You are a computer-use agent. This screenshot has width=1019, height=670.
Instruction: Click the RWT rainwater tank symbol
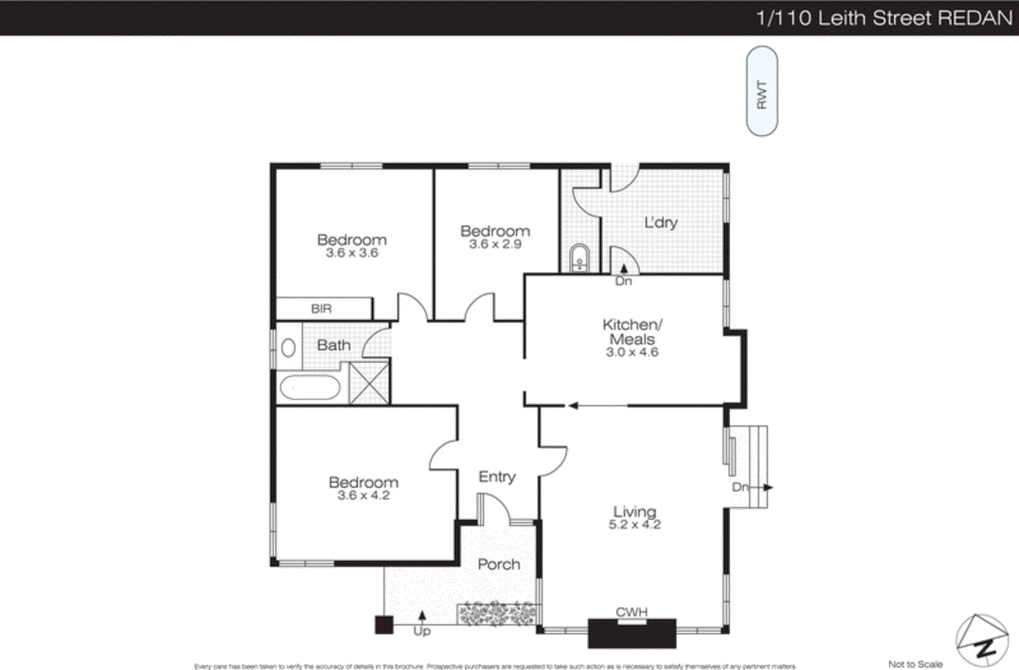(x=762, y=91)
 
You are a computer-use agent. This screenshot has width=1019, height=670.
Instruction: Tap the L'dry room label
(x=660, y=222)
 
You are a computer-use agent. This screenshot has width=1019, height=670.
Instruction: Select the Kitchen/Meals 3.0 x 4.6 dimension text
(x=632, y=352)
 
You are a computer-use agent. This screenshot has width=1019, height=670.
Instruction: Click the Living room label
(x=634, y=511)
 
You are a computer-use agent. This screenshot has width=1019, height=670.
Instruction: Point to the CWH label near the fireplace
(x=631, y=612)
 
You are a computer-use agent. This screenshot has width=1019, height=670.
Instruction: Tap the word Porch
(x=499, y=564)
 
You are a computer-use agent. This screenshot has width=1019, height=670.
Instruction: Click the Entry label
(x=497, y=476)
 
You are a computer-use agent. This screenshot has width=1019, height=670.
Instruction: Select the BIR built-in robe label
(x=321, y=309)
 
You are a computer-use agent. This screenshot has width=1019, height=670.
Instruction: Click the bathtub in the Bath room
(x=310, y=387)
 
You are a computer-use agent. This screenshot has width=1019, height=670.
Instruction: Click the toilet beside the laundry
(x=579, y=258)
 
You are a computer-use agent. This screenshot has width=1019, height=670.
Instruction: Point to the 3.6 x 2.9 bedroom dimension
(x=495, y=245)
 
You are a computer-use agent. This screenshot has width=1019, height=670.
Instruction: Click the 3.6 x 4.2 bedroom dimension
(x=363, y=495)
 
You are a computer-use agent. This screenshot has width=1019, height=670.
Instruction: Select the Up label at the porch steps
(x=422, y=631)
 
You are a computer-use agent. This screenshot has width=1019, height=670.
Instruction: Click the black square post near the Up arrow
(x=383, y=625)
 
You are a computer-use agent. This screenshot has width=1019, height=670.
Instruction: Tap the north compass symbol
(x=981, y=640)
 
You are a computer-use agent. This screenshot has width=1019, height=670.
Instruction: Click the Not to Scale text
(x=915, y=664)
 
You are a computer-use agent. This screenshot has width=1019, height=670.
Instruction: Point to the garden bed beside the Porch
(x=497, y=614)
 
